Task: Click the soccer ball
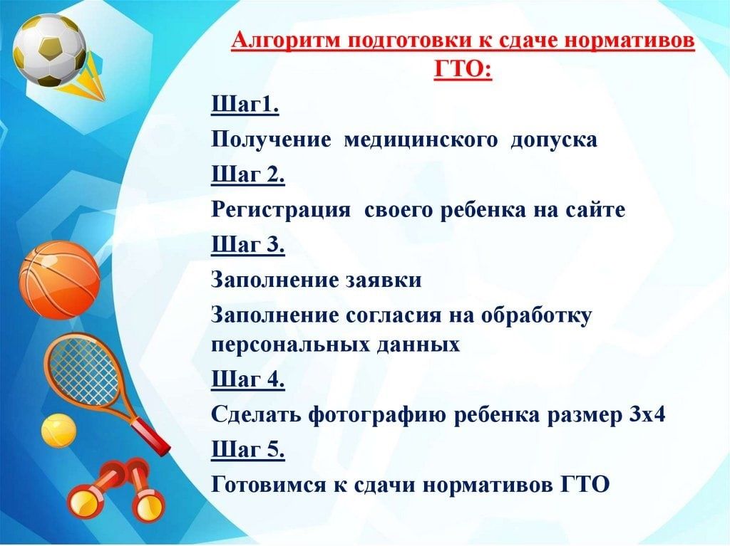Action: [x=49, y=51]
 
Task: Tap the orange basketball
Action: [x=60, y=280]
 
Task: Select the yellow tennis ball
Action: [x=58, y=431]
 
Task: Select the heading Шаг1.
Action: [x=245, y=105]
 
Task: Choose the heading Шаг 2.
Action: [x=247, y=175]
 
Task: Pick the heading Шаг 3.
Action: [x=247, y=245]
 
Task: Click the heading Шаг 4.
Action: [x=247, y=379]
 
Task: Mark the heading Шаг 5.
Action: [x=247, y=449]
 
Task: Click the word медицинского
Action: [x=421, y=140]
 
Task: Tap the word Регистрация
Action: [x=281, y=210]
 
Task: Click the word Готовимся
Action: [x=269, y=485]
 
